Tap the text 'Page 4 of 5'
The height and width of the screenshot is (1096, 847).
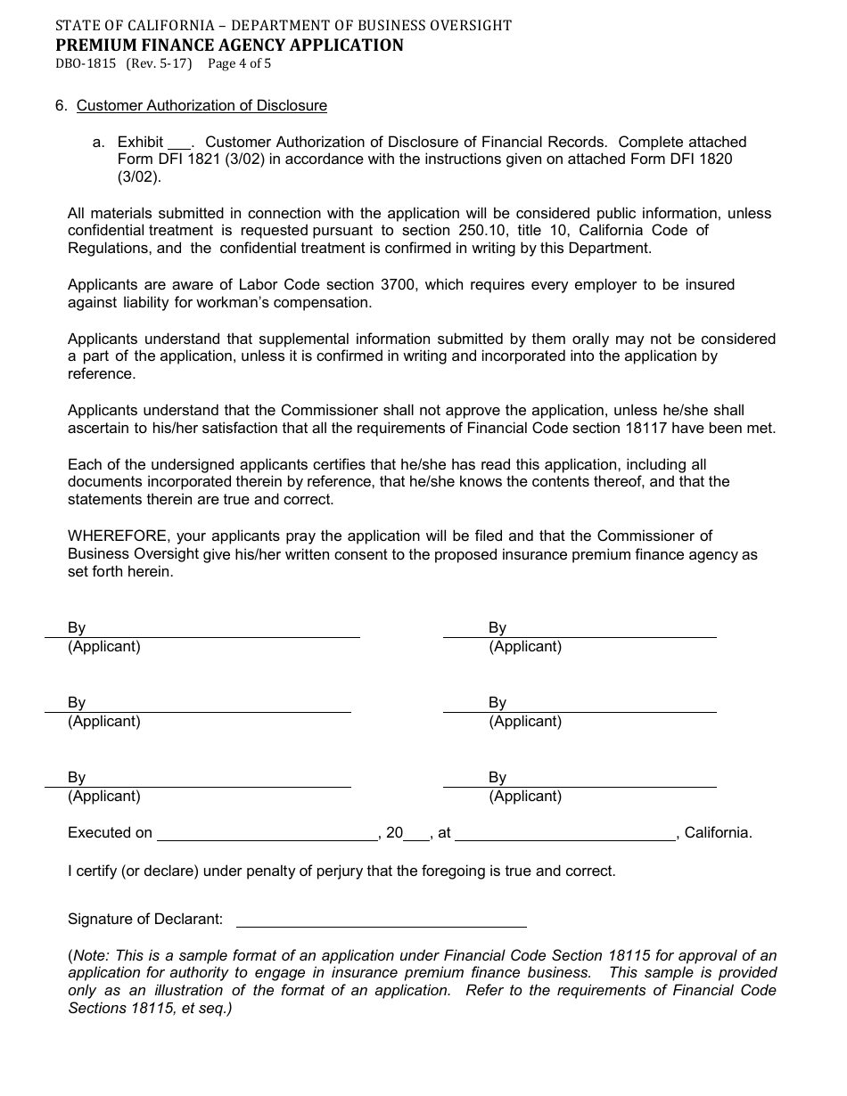click(x=239, y=64)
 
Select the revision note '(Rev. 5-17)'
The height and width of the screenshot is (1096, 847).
click(x=159, y=64)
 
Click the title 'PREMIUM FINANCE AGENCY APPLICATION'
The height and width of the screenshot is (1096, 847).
click(x=229, y=45)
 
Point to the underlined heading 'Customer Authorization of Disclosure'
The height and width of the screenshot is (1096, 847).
click(x=201, y=106)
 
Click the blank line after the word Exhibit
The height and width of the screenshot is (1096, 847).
click(x=179, y=143)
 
